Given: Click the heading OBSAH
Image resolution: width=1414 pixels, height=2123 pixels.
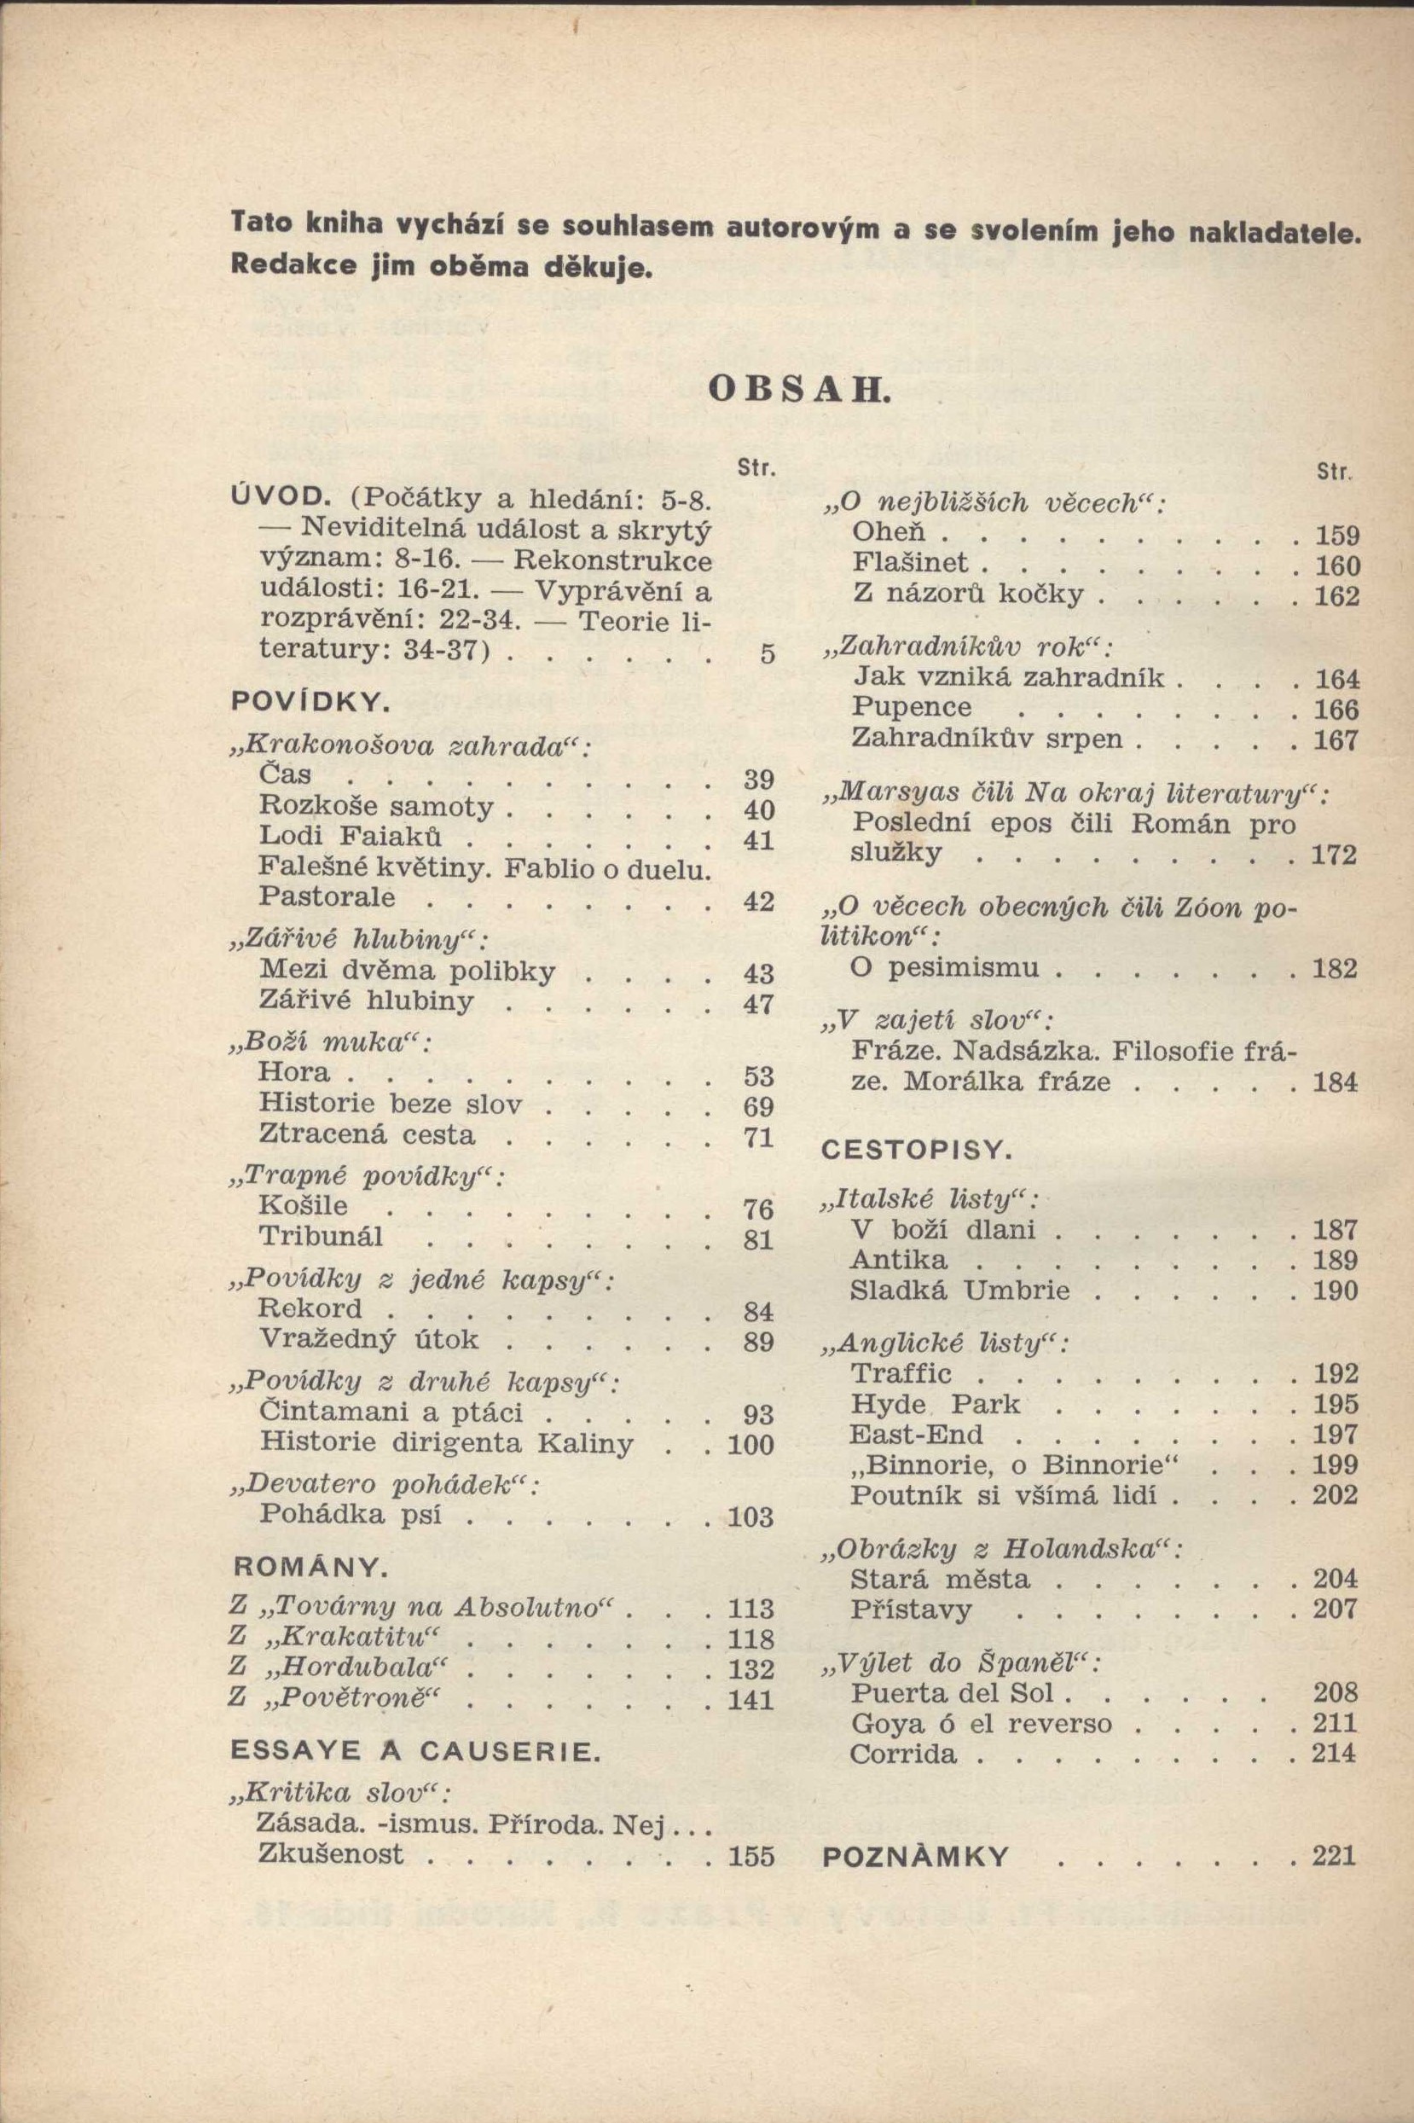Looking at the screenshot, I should (x=798, y=389).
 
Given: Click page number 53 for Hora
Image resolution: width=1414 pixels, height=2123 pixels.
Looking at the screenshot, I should (x=759, y=1076).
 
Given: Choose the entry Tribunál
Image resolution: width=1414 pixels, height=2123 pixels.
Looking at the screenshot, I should (x=321, y=1237).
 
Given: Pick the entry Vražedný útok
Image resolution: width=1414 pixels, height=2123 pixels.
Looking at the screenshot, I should (x=368, y=1339).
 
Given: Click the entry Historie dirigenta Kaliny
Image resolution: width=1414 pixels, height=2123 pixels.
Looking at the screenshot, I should (x=445, y=1442).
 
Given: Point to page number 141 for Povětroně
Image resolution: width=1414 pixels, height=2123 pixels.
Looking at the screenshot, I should (x=751, y=1700).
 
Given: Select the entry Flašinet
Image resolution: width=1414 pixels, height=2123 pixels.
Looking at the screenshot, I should (x=910, y=564).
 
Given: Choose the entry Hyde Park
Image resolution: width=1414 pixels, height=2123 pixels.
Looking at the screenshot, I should (x=936, y=1404).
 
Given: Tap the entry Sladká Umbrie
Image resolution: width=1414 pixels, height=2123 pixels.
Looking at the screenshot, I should (x=959, y=1291).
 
